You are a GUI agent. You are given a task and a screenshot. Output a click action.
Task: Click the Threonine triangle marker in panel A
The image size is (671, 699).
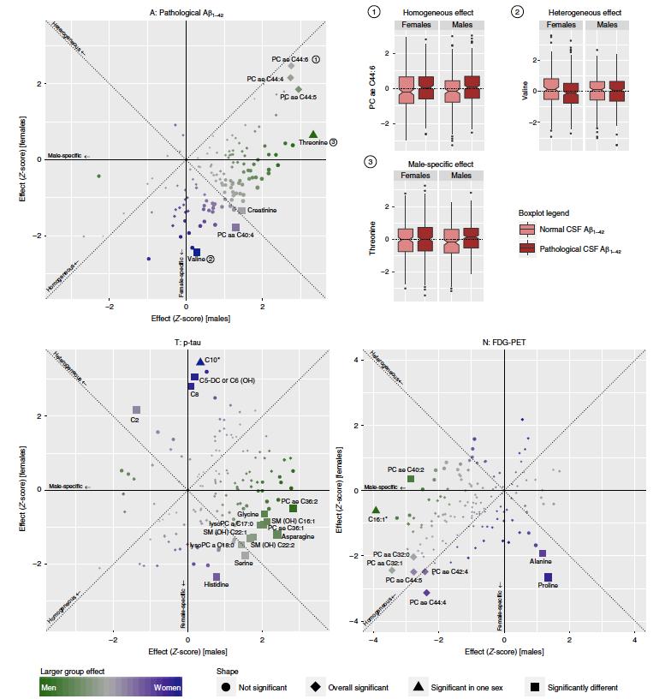coord(313,134)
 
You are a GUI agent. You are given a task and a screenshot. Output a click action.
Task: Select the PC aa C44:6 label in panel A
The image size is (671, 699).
coord(289,59)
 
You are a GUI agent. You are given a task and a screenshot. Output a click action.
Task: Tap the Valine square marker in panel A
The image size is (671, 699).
coord(197,252)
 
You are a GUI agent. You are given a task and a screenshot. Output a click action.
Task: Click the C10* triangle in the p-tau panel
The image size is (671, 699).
coord(200,362)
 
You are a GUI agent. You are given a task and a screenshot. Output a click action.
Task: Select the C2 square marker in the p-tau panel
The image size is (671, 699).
coord(136,410)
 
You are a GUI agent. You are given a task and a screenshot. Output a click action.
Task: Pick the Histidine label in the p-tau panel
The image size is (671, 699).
coord(216,585)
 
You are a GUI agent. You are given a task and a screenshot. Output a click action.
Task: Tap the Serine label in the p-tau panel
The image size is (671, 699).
coord(244,563)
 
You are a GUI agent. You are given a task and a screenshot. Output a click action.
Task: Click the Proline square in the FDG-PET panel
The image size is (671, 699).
coord(548,577)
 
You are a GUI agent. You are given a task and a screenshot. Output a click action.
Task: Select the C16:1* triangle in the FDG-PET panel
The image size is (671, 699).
coord(376,510)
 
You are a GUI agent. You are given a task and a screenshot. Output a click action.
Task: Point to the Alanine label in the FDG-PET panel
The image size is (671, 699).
coord(541,562)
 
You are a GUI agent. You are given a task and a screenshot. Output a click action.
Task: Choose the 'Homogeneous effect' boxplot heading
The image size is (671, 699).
coord(442,12)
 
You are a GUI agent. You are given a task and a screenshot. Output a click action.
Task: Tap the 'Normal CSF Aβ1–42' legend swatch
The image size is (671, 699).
coord(527,230)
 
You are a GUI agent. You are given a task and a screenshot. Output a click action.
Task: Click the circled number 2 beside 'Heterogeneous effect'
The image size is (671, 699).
coord(517,12)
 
